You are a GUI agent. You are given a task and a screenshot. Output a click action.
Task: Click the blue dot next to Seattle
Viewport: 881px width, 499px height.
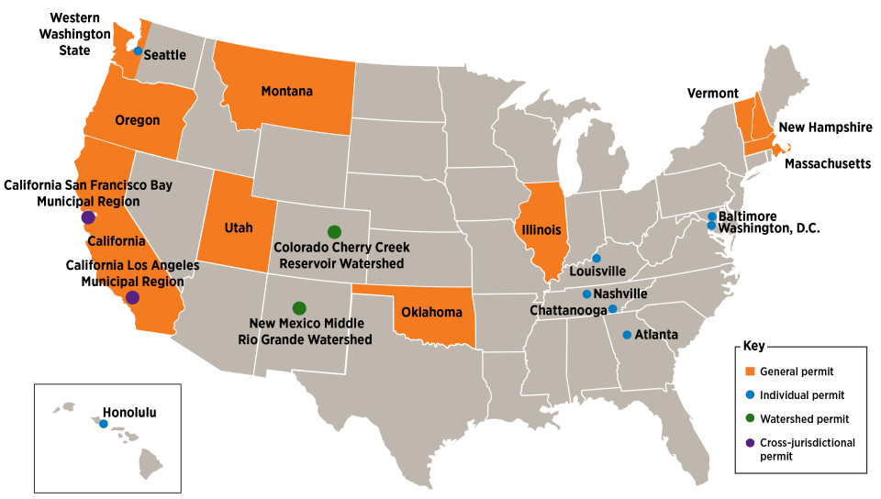tap(138, 51)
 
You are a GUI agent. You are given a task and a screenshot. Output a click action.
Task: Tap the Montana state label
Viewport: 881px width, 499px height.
tap(286, 92)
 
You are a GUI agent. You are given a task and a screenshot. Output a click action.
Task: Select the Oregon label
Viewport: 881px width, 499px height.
tap(138, 120)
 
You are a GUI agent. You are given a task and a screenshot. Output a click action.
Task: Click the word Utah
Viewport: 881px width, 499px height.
tap(239, 228)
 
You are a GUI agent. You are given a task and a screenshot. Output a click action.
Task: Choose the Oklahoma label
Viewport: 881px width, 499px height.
tap(431, 313)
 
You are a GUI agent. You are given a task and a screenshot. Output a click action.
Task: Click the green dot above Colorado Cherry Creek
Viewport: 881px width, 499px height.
tap(334, 231)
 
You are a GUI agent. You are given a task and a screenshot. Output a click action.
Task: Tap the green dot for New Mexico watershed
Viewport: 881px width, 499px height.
tap(298, 307)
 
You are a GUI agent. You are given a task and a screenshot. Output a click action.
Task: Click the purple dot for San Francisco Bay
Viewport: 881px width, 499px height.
tap(88, 217)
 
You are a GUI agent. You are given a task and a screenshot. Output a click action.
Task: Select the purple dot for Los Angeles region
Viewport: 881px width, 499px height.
tap(132, 297)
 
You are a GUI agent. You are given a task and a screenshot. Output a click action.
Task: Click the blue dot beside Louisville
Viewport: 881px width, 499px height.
tap(596, 258)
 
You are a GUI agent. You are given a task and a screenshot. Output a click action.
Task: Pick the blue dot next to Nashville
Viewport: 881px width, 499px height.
tap(586, 294)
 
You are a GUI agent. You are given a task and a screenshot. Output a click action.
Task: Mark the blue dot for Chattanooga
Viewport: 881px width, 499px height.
tap(612, 309)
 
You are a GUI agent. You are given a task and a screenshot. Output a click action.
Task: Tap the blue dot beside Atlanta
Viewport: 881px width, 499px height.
tap(627, 335)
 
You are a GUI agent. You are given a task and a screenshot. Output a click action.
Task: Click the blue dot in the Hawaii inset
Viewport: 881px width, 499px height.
tap(103, 424)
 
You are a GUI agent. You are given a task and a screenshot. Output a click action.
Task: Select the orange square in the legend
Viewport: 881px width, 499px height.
tap(750, 371)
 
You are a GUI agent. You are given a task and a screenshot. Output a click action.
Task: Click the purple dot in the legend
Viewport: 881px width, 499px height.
tap(750, 442)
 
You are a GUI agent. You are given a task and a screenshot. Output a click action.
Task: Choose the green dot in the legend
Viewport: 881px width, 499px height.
tap(750, 418)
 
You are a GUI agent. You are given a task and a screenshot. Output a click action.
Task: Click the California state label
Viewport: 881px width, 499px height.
tap(117, 241)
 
